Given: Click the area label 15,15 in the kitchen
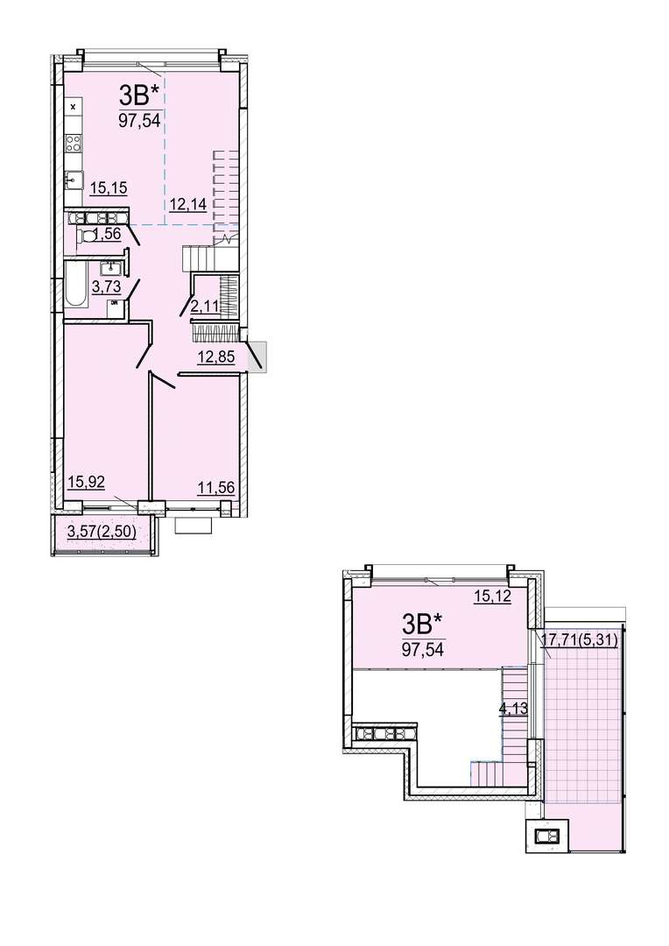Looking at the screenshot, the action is pos(109,187).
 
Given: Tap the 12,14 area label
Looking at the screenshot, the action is pos(187,204).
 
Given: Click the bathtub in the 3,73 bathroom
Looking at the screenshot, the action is pos(75,284).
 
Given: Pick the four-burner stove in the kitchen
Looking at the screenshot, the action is pos(74,143).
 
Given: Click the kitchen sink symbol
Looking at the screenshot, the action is pos(74,180).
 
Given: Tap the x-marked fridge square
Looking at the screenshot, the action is pos(74,107).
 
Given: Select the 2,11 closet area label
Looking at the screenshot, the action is pos(205,307).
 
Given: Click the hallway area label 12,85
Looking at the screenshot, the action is pos(216,357).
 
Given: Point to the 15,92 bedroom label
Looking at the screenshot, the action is pos(87,482).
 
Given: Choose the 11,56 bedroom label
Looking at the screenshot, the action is pos(216,487).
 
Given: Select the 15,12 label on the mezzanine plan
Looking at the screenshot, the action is pos(492,597).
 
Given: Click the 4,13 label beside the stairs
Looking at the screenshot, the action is pos(513,709).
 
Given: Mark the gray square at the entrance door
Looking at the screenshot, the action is pos(257,356).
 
